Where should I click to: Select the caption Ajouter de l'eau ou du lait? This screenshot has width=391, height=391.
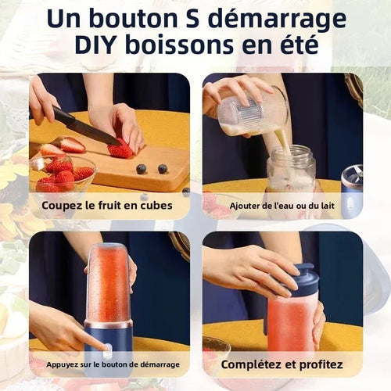point(282,206)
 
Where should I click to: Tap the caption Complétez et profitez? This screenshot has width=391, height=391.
point(282,364)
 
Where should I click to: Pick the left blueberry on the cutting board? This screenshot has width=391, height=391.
point(142,168)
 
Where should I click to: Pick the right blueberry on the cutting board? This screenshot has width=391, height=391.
point(163,168)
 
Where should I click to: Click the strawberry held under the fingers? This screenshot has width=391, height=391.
point(121,149)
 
